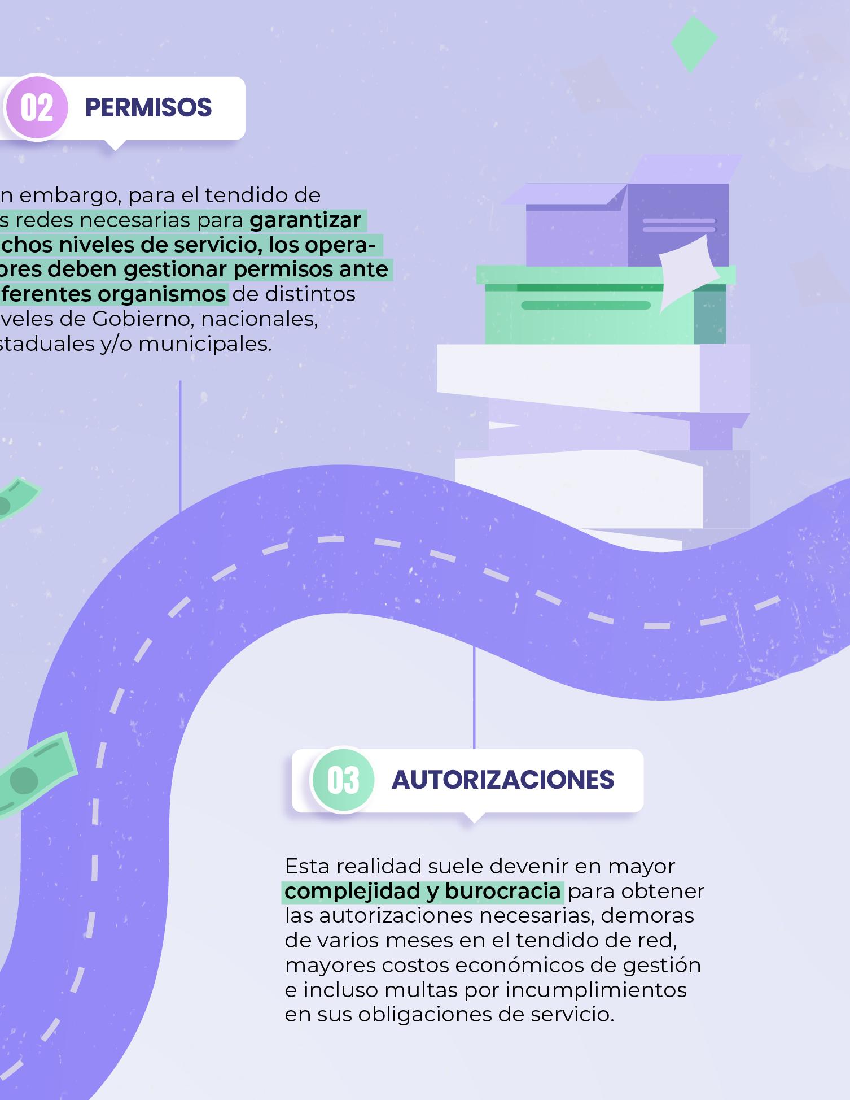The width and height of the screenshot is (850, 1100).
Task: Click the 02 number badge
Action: point(37,107)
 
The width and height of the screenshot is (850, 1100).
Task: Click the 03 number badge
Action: point(343,780)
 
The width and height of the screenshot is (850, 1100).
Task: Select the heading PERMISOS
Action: point(148,107)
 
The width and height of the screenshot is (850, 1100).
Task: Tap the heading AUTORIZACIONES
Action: point(502,780)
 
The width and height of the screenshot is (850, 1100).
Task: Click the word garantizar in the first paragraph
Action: point(305,220)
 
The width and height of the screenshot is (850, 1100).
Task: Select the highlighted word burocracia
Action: point(502,891)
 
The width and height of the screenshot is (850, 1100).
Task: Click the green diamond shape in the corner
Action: point(694,44)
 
